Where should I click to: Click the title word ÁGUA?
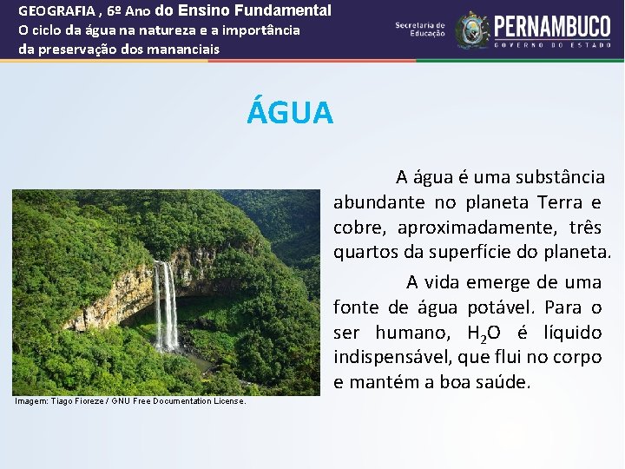tap(290, 113)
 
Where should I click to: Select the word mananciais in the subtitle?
tap(184, 49)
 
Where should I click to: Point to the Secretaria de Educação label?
tap(420, 29)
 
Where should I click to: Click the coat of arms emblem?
tap(472, 30)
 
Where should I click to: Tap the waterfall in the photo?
tap(166, 304)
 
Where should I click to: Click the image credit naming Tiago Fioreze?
tap(130, 401)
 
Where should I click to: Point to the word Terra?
tap(559, 203)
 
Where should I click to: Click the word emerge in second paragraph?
tap(498, 282)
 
